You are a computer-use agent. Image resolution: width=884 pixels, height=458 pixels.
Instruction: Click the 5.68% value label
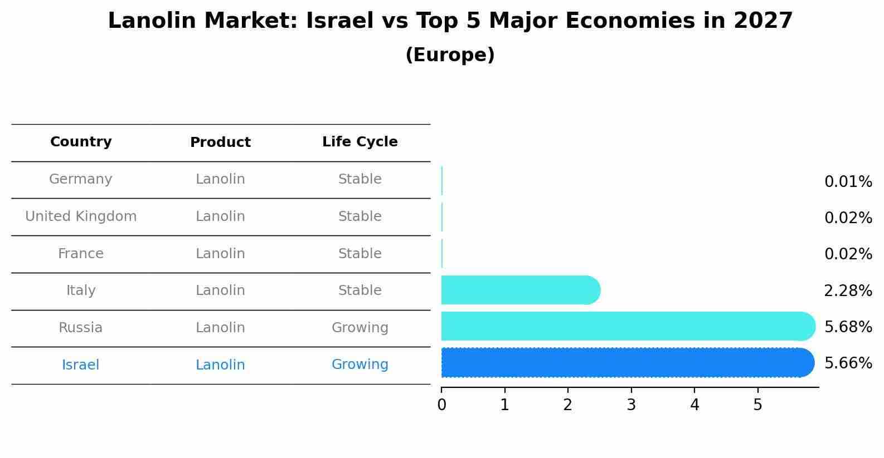tap(848, 327)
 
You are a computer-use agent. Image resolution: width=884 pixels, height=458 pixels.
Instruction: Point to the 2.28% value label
tap(848, 290)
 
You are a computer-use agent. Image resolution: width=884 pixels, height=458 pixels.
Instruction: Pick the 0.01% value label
tap(848, 182)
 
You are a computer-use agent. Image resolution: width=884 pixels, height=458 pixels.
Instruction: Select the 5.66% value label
tap(848, 363)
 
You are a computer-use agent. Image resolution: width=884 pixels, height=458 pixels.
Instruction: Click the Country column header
tap(81, 142)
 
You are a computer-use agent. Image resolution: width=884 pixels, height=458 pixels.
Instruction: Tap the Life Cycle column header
tap(360, 142)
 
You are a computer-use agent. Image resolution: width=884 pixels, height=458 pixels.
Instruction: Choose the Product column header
tap(220, 142)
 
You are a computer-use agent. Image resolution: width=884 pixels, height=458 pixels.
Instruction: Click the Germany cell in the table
tap(81, 179)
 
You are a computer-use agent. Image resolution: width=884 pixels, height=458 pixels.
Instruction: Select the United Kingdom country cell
tap(81, 216)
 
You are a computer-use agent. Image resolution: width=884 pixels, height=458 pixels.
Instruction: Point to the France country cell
tap(81, 254)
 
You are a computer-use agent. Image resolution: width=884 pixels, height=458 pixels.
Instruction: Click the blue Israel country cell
tap(81, 365)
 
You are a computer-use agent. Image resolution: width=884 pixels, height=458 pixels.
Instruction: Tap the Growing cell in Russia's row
tap(360, 328)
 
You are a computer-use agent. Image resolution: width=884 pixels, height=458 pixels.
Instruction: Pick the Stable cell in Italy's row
tap(360, 290)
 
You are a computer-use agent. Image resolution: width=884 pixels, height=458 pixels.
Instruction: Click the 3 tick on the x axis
tap(631, 405)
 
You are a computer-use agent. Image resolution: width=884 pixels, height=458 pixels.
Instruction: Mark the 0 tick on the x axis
tap(441, 405)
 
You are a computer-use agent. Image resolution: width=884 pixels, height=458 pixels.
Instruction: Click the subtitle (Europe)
tap(450, 55)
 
